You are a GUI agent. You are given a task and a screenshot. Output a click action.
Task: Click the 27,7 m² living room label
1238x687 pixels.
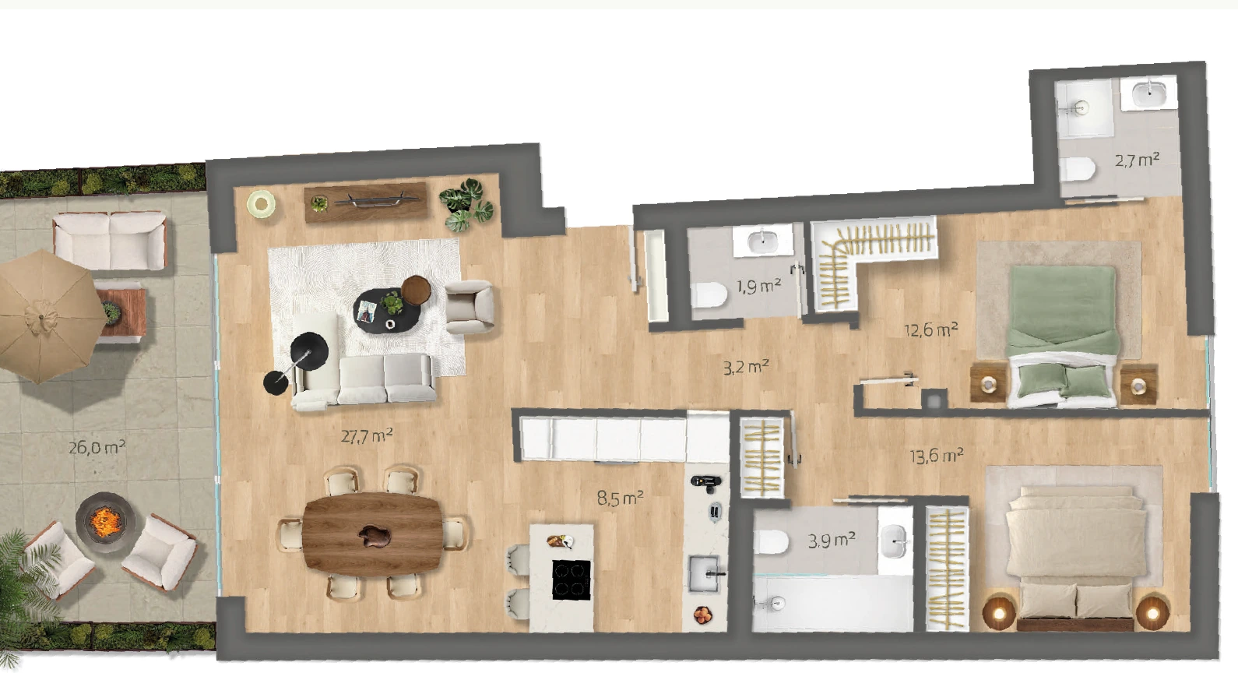click(367, 436)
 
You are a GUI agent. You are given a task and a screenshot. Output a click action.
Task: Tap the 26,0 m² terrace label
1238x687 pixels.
click(97, 446)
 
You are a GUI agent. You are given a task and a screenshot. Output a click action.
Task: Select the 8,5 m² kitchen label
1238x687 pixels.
click(620, 498)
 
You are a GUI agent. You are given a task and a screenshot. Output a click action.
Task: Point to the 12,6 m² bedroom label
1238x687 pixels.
click(931, 330)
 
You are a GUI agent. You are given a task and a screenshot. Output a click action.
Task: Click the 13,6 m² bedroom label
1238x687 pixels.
click(937, 456)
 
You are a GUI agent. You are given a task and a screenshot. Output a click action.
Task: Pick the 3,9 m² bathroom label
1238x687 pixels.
click(832, 540)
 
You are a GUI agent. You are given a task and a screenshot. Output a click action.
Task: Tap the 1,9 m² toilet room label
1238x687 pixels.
click(759, 287)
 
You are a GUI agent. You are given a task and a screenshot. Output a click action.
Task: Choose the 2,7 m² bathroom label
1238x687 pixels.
click(1137, 160)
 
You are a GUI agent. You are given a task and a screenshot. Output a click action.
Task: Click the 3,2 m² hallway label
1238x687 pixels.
click(746, 367)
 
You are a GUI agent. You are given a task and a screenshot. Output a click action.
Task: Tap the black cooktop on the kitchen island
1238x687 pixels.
click(572, 580)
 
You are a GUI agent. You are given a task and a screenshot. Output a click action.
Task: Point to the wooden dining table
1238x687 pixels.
click(373, 534)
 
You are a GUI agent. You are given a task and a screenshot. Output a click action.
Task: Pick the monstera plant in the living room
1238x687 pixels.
click(466, 205)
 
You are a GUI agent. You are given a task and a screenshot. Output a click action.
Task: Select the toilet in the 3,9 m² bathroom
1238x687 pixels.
click(771, 541)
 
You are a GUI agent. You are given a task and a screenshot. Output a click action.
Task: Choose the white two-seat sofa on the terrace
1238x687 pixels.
click(110, 241)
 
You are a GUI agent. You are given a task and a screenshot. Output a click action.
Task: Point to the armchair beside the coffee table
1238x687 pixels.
click(470, 307)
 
